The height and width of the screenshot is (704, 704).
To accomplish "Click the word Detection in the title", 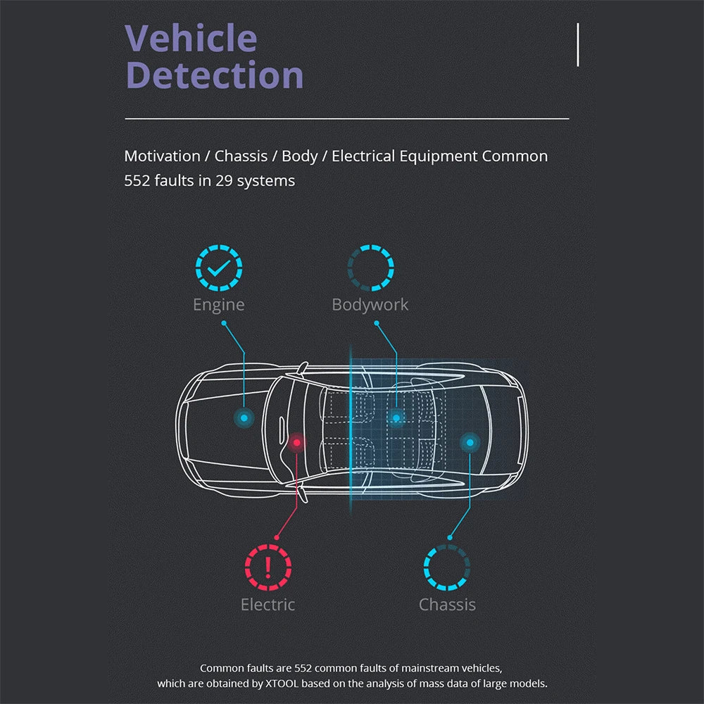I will tap(215, 75).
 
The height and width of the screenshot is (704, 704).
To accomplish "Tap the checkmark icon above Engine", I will tap(219, 268).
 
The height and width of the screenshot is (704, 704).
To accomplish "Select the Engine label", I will tap(219, 305).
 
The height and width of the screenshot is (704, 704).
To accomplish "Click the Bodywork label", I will tap(370, 305).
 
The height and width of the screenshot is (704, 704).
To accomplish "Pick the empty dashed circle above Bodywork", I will tap(370, 268).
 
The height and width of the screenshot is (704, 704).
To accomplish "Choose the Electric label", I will tap(268, 605).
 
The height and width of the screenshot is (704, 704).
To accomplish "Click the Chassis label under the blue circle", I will tap(447, 605).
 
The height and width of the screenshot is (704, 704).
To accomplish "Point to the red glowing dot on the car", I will tap(297, 442).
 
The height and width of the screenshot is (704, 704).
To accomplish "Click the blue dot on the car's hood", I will tap(244, 417).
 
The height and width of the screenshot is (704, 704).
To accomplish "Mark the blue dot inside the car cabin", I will tap(396, 418).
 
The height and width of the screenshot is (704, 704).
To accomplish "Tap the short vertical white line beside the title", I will tap(578, 44).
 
